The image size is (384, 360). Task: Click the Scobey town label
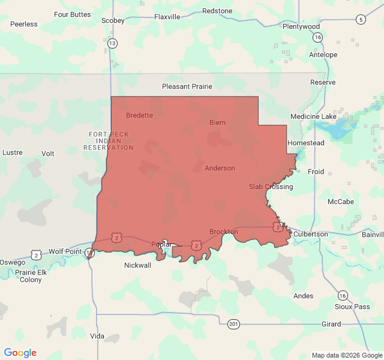click(113, 20)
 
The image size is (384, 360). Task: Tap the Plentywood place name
click(301, 26)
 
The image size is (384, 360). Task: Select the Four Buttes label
click(73, 14)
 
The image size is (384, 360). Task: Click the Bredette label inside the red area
click(139, 115)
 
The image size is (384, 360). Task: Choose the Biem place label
click(217, 122)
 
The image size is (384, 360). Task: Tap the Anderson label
click(220, 168)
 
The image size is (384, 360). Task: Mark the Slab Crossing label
click(271, 187)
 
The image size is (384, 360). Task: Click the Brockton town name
click(223, 232)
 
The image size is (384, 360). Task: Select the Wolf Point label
click(65, 251)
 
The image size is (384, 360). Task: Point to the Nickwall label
click(138, 265)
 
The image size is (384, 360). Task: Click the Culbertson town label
click(311, 234)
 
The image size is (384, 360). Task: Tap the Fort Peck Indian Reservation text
click(109, 140)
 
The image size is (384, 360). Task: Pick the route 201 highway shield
click(233, 325)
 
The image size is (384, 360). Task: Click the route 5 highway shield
click(360, 19)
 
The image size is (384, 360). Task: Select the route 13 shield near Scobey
click(112, 43)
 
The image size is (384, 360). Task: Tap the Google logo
click(20, 353)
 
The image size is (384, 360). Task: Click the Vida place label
click(97, 336)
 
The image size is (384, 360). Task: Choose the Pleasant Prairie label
click(187, 86)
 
